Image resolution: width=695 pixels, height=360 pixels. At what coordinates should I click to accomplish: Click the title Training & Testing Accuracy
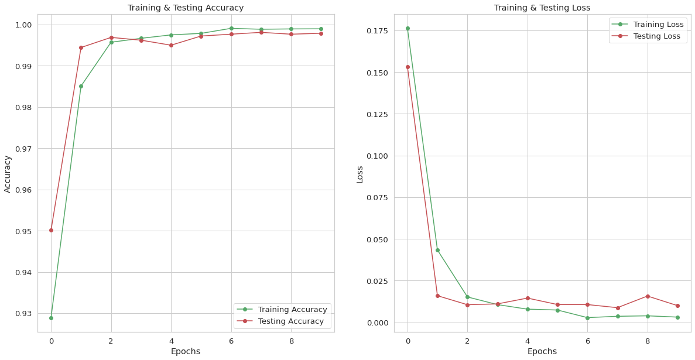tap(185, 8)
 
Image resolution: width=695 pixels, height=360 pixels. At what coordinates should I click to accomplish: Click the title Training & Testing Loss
tap(542, 8)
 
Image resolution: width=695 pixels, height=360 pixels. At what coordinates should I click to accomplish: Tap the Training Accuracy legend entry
tap(292, 310)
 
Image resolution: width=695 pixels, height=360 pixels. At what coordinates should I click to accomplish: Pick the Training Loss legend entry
tap(655, 25)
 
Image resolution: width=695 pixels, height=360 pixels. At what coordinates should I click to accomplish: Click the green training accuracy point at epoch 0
tap(51, 318)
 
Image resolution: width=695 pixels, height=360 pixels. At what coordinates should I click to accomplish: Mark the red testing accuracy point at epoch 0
tap(51, 230)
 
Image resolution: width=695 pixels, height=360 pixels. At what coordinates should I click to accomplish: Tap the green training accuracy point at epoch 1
tap(81, 86)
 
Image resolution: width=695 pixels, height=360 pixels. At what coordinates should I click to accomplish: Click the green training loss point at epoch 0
tap(408, 28)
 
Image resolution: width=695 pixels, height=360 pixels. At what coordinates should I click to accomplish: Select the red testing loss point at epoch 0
tap(408, 67)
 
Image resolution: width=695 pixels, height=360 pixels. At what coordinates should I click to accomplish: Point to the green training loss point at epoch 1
tap(437, 250)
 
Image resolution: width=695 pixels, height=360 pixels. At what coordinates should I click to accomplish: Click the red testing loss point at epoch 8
tap(648, 296)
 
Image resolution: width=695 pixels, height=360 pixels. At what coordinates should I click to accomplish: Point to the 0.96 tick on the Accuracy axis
tap(23, 190)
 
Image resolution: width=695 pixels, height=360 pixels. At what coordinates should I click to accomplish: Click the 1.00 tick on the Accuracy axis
tap(23, 25)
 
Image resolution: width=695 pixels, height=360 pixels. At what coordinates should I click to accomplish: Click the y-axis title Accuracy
tap(8, 173)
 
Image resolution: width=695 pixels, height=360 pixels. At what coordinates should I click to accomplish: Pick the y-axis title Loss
tap(360, 174)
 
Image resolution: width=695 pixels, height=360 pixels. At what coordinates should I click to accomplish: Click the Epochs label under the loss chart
tap(542, 351)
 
